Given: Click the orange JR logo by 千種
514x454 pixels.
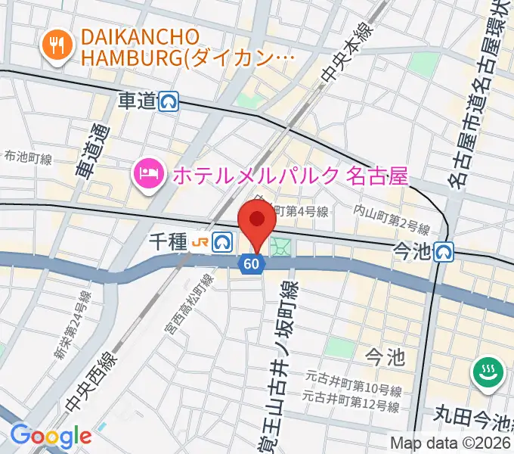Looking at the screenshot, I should (x=200, y=242).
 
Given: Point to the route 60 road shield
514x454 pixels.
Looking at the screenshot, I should (x=253, y=263).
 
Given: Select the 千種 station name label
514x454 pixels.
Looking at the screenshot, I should (x=166, y=242).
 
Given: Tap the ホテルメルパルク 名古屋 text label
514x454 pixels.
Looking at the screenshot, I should (x=290, y=176).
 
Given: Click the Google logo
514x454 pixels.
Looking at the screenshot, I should (x=50, y=436).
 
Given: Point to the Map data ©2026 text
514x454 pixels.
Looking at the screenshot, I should (x=451, y=443).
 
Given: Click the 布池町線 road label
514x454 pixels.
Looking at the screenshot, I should (x=28, y=159).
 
